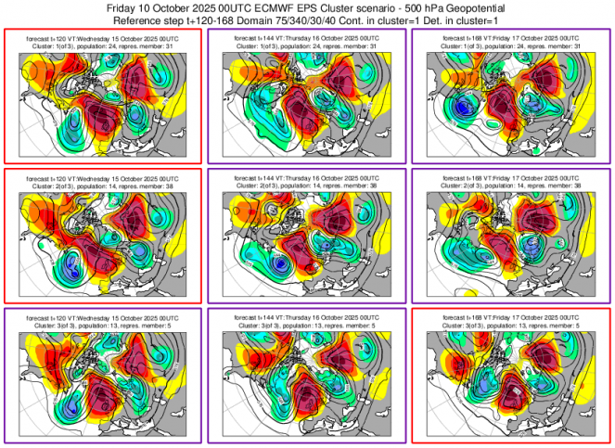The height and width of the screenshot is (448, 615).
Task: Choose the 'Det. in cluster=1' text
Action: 485,19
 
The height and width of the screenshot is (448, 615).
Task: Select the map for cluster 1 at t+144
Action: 307,105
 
